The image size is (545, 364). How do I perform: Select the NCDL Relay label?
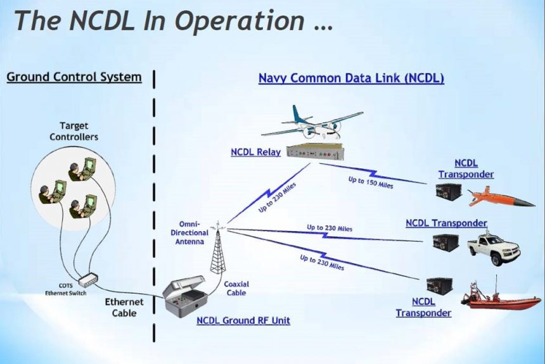coord(255,152)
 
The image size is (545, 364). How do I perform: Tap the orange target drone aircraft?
coord(501,198)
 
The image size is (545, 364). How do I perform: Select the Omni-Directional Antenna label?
coord(189,232)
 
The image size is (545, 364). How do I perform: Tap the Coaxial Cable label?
coord(235,289)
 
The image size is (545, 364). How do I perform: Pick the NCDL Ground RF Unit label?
coord(243,320)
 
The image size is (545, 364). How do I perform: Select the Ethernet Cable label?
coord(124,307)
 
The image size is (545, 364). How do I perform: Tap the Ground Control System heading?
coord(74,77)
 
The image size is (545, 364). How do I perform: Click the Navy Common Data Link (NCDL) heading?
coord(351,79)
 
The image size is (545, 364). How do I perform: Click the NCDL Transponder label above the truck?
coord(446,223)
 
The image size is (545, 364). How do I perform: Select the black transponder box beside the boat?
coord(439,286)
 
